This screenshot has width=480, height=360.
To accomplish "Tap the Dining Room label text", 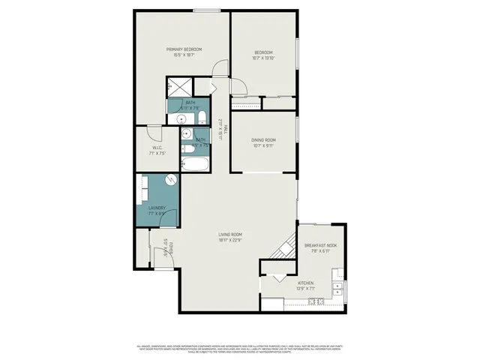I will pyautogui.click(x=263, y=140).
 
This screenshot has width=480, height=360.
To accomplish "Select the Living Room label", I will pyautogui.click(x=229, y=235).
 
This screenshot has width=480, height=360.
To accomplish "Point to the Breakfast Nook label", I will pyautogui.click(x=320, y=245).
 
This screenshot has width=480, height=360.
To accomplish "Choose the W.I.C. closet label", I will pyautogui.click(x=157, y=148).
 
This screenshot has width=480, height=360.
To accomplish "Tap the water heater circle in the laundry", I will pyautogui.click(x=171, y=181).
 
